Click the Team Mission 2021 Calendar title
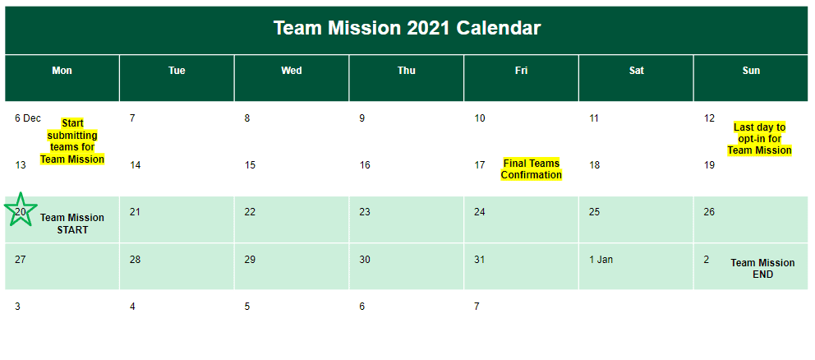coord(407,28)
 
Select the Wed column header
coord(291,70)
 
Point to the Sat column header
coord(636,70)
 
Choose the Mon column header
coord(62,70)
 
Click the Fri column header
coord(521,70)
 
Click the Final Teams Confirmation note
coord(532,169)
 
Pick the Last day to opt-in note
coord(759,139)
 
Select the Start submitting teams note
coord(72,141)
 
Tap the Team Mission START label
coord(72,224)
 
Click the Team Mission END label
coord(762,269)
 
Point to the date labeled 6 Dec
coord(28,118)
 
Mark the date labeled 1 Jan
coord(601,259)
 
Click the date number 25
coord(594,212)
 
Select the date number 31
coord(479,259)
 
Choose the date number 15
coord(250,165)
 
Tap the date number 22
coord(250,212)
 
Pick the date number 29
coord(250,259)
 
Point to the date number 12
coord(710,118)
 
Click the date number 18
coord(594,165)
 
